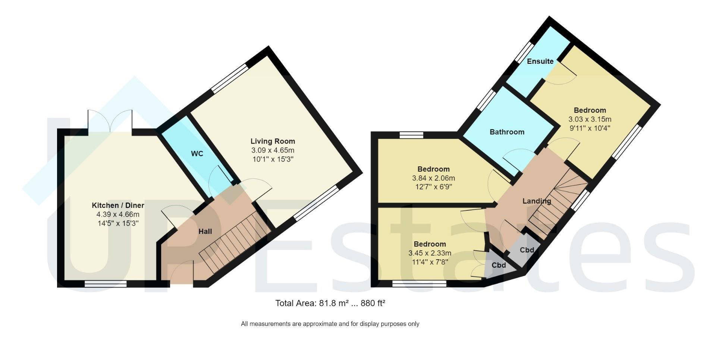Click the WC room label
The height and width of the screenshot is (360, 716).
pyautogui.click(x=197, y=154)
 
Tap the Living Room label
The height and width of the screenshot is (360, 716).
pyautogui.click(x=273, y=141)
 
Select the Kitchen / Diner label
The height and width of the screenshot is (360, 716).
pyautogui.click(x=118, y=206)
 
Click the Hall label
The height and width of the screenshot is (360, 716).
pyautogui.click(x=205, y=232)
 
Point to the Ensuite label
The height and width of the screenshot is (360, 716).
pyautogui.click(x=540, y=62)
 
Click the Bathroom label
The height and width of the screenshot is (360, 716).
pyautogui.click(x=507, y=132)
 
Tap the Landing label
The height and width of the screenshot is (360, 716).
pyautogui.click(x=537, y=201)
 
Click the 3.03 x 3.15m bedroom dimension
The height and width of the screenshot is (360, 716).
pyautogui.click(x=590, y=120)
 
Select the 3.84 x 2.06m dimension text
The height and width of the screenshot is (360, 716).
pyautogui.click(x=433, y=178)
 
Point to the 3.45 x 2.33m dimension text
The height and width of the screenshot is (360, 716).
pyautogui.click(x=430, y=253)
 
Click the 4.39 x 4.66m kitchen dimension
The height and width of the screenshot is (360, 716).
pyautogui.click(x=118, y=215)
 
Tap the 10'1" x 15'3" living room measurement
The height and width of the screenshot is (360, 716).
pyautogui.click(x=273, y=159)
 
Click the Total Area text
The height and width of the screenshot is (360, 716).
pyautogui.click(x=330, y=303)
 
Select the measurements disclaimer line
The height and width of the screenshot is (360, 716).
pyautogui.click(x=330, y=324)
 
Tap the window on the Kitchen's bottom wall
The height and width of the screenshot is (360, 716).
pyautogui.click(x=106, y=284)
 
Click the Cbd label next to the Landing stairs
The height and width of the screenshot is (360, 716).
pyautogui.click(x=527, y=250)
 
